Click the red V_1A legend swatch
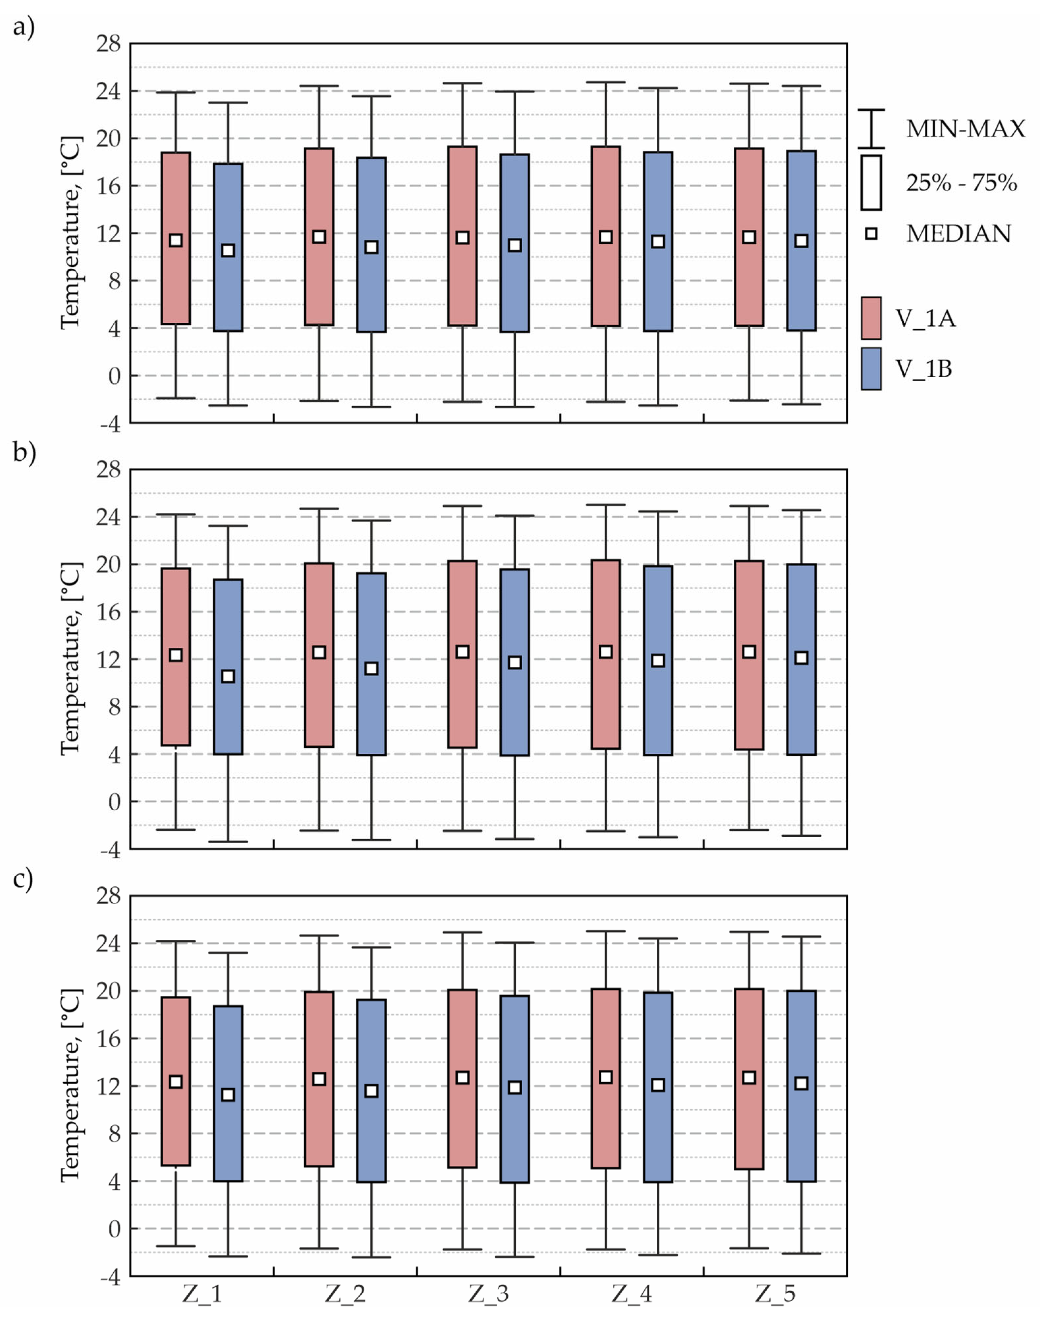click(x=871, y=318)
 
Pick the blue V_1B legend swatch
click(x=871, y=368)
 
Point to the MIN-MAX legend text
click(x=966, y=129)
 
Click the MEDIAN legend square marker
click(x=871, y=233)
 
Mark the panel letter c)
click(x=23, y=880)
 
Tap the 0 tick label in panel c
click(x=115, y=1228)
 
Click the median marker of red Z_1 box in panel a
click(x=176, y=240)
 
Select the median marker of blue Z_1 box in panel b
click(x=228, y=676)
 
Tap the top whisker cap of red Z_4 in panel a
click(x=606, y=82)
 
